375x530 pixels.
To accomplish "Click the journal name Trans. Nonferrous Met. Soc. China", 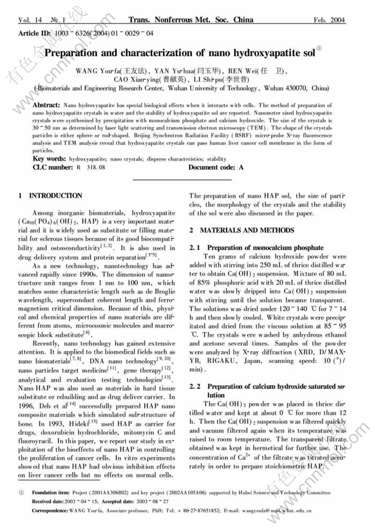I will [x=191, y=20].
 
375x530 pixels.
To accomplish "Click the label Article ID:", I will [x=36, y=34].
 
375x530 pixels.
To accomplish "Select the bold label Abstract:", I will [x=47, y=104].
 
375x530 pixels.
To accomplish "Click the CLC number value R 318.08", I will [x=91, y=167].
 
